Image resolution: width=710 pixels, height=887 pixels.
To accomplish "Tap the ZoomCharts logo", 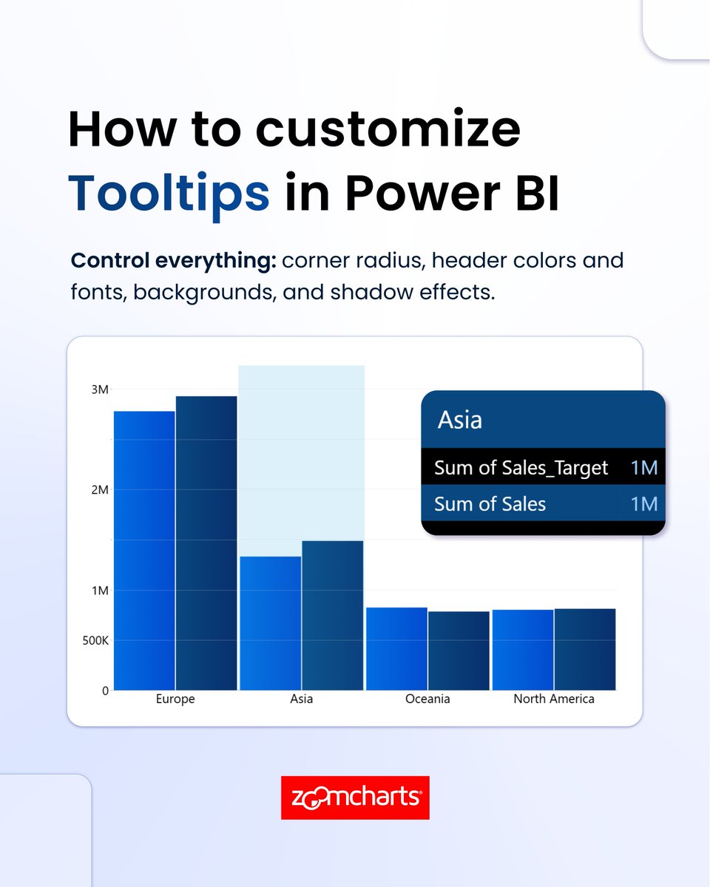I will [355, 798].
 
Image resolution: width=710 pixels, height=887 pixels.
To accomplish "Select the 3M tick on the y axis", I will [100, 390].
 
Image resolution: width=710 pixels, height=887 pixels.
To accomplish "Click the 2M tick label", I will [100, 489].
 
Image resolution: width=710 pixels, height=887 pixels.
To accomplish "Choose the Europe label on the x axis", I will [175, 699].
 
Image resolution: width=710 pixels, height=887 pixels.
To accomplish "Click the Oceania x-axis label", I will [427, 699].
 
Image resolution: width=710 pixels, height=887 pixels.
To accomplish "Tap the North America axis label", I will [554, 699].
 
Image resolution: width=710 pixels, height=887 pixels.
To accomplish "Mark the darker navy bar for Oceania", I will [459, 650].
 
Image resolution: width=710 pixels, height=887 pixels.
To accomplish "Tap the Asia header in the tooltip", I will [460, 420].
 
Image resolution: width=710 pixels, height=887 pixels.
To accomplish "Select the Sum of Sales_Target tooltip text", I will [521, 467].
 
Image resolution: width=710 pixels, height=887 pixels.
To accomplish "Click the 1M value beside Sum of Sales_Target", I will [644, 467].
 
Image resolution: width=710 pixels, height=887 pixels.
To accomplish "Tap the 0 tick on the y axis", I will [105, 690].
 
